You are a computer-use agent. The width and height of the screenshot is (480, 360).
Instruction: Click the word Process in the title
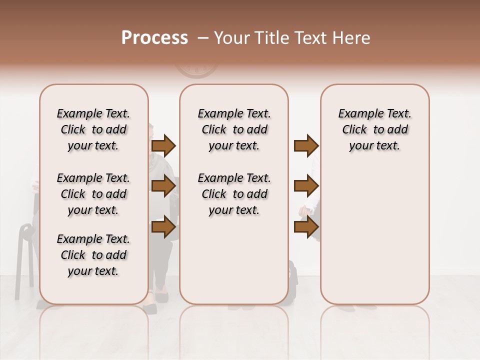click(154, 38)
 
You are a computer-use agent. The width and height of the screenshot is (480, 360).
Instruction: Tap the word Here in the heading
click(352, 38)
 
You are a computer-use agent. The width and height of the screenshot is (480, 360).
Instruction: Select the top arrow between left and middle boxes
click(163, 146)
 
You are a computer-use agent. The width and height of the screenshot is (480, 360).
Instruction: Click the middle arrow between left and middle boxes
click(163, 186)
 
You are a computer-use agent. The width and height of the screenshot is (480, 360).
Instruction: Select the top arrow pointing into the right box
click(306, 146)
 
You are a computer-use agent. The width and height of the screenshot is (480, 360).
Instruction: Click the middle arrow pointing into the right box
click(306, 186)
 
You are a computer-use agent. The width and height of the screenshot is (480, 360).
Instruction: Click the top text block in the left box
click(93, 129)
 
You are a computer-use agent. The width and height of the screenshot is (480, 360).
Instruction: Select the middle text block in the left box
click(93, 194)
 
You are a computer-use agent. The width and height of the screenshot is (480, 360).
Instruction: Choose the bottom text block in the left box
click(93, 255)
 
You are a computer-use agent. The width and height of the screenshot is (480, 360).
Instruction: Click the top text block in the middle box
click(234, 129)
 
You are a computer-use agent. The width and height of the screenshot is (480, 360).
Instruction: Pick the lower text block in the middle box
click(234, 194)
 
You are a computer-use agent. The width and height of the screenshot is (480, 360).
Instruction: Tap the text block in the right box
click(374, 129)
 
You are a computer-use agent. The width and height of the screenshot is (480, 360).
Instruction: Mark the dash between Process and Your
click(203, 38)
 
